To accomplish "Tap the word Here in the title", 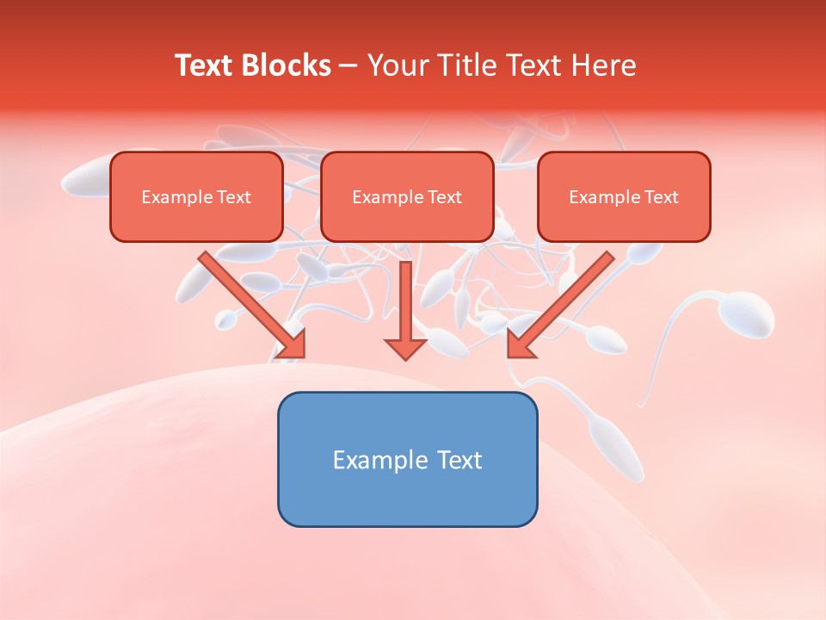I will [602, 65].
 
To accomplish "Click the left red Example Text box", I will [196, 196].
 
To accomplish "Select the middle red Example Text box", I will [407, 196].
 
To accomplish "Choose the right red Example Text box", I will [624, 196].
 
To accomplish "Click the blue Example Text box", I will [407, 459].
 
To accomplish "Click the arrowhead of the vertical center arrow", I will [405, 350].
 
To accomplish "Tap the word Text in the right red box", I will [662, 197].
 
